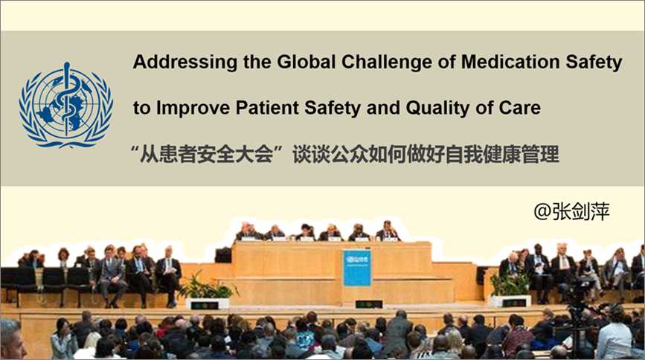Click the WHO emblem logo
coord(65,106)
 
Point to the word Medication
coord(510,62)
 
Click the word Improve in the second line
coord(193,108)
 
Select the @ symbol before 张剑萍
coord(542,212)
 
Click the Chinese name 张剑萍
coord(580,211)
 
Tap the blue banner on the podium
coord(356,268)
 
